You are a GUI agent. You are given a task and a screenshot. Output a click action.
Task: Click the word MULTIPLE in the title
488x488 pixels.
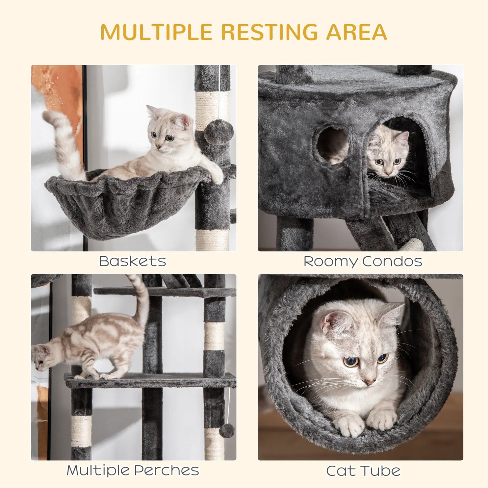pos(156,32)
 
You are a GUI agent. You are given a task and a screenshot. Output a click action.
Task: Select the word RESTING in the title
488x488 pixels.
pos(269,32)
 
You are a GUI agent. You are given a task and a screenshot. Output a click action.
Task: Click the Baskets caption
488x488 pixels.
pos(133,261)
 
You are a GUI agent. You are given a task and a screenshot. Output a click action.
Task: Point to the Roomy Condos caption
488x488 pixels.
pos(363,261)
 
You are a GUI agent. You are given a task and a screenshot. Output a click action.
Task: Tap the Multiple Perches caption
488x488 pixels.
pos(133,470)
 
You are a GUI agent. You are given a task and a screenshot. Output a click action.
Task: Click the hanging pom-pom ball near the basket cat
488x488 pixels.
pos(219,132)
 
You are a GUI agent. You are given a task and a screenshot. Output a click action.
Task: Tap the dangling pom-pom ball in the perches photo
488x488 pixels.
pos(227,431)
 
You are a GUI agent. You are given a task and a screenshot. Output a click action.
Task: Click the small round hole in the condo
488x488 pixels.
pos(333,145)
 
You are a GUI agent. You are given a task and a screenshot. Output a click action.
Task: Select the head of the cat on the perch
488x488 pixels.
pos(41,358)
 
